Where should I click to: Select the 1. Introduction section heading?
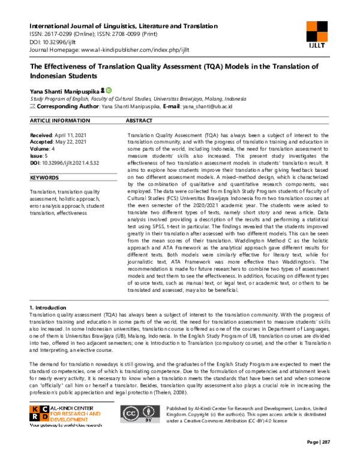point(52,307)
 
